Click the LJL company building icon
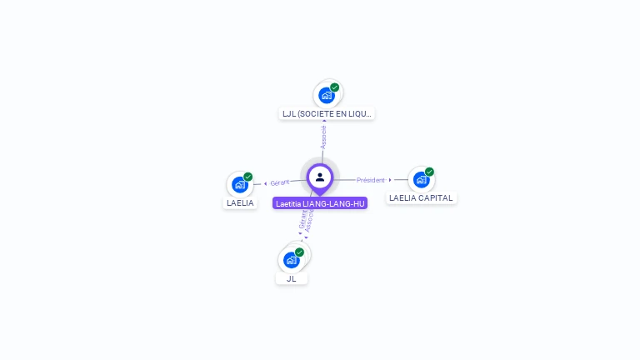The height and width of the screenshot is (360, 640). pos(327,95)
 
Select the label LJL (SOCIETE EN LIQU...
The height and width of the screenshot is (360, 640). pos(327,113)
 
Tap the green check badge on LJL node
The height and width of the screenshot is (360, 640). pos(334,87)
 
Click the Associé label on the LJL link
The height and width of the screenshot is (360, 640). pos(323,137)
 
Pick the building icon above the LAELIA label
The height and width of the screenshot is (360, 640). pos(240,184)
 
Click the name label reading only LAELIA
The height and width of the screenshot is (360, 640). pos(240,202)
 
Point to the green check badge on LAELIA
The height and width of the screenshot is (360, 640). pos(247,177)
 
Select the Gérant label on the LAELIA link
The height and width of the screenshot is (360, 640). pos(280,182)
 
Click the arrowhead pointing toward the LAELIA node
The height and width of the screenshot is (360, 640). pos(265,183)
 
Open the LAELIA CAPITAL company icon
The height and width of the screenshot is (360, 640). pos(421,179)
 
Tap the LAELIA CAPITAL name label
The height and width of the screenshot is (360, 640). pos(421,198)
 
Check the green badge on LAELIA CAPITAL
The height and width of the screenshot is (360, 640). pos(429,172)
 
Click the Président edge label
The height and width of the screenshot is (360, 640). pos(371,180)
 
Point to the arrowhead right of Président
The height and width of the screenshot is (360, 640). pos(390,180)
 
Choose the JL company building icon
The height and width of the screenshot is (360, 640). pos(292,259)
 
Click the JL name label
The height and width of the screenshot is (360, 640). pos(292,278)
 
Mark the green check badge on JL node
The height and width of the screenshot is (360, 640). pos(299,252)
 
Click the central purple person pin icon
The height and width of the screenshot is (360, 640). pos(320,177)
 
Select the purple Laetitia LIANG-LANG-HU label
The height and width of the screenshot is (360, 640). pos(320,203)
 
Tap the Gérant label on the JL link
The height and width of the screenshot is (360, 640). pos(302,217)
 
